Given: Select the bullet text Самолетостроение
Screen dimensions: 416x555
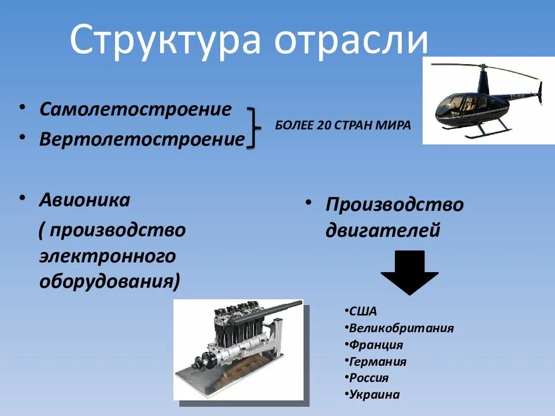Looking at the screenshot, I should coord(135,109).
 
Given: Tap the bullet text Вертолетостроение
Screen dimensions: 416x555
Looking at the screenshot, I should coord(142,140).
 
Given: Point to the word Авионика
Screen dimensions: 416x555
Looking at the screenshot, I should coord(84,200).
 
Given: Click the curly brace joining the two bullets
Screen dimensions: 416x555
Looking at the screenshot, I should coord(253,127).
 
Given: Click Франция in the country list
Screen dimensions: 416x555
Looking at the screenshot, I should coord(376,345).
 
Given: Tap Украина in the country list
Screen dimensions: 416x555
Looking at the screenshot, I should coord(375,395).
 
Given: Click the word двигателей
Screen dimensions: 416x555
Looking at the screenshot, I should coord(383,231).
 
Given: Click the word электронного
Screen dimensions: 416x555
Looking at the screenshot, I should coord(108,255).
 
